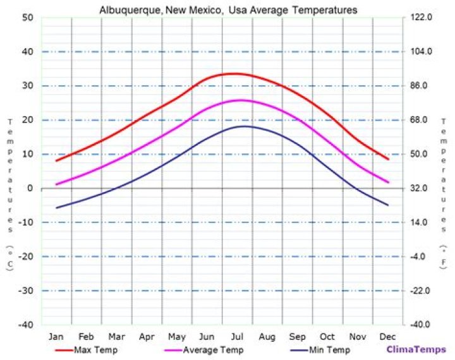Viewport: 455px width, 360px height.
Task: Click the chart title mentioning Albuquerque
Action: pyautogui.click(x=228, y=10)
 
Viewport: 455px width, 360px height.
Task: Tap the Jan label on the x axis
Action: pyautogui.click(x=56, y=336)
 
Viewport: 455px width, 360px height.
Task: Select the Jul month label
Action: pyautogui.click(x=237, y=336)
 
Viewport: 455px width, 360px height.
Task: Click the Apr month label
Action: pyautogui.click(x=147, y=336)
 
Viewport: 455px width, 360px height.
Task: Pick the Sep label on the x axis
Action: pyautogui.click(x=297, y=336)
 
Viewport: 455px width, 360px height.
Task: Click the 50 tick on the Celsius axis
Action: pyautogui.click(x=27, y=18)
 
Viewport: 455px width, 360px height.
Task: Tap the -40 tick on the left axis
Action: pyautogui.click(x=26, y=325)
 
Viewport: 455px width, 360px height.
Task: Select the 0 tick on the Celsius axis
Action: pyautogui.click(x=30, y=188)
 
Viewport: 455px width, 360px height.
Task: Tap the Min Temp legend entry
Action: pyautogui.click(x=329, y=349)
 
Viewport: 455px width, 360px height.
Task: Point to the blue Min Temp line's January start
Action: pyautogui.click(x=57, y=208)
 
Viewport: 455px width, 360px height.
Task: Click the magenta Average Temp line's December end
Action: pyautogui.click(x=387, y=182)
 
